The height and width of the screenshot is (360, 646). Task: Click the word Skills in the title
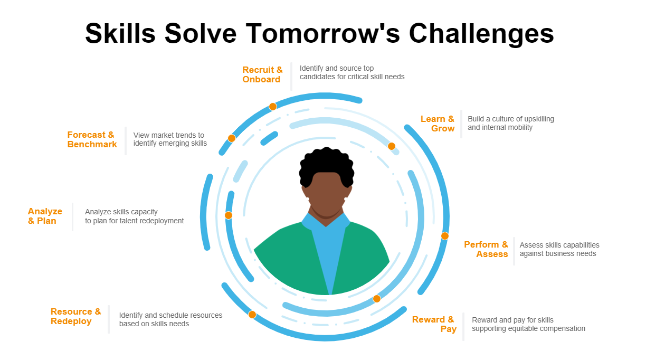tap(120, 33)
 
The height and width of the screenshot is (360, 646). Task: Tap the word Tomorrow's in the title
tap(323, 33)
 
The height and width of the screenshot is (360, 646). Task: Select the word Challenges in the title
tap(481, 34)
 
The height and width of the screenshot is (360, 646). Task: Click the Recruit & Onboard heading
tap(262, 74)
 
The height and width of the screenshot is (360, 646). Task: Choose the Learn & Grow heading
tap(438, 124)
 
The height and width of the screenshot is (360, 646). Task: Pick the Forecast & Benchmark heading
tap(92, 139)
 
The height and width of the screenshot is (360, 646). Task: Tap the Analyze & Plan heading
tap(45, 216)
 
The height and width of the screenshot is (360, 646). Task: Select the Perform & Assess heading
tap(486, 249)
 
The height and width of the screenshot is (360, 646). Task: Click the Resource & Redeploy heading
tap(76, 316)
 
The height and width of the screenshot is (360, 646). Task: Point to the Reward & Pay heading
tap(434, 324)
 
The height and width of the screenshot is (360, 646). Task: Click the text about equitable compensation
tap(528, 324)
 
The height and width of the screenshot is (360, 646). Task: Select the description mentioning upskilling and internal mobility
tap(511, 123)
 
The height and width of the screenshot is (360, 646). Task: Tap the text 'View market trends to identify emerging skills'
tap(170, 139)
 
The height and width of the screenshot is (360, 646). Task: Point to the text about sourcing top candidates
tap(352, 72)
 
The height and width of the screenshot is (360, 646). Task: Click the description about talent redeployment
tap(134, 216)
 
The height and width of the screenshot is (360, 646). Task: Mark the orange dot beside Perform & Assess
tap(445, 236)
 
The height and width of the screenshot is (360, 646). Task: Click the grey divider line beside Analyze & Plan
tap(72, 216)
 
